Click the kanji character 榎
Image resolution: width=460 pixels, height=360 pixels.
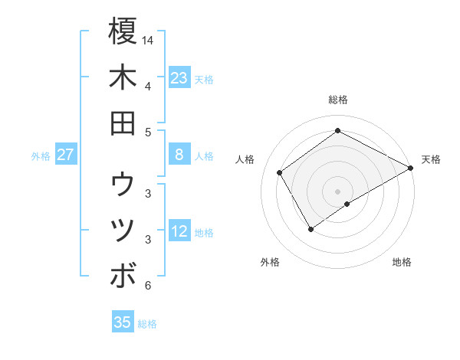click(123, 31)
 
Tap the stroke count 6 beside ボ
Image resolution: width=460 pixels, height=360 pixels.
click(147, 286)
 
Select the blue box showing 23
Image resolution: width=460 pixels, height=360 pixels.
click(179, 78)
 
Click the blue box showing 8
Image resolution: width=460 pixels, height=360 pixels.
click(179, 155)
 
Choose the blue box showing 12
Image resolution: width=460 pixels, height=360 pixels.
click(179, 232)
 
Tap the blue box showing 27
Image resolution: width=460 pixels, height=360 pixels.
click(66, 155)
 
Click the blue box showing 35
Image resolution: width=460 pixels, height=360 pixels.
click(123, 322)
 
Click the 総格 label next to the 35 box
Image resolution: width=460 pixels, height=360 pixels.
click(147, 324)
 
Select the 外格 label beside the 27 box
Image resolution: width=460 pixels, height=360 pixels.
click(41, 156)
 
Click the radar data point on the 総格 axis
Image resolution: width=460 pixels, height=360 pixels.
click(337, 130)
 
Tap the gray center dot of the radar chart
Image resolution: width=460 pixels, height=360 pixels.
click(337, 190)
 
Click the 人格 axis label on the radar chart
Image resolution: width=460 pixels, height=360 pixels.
click(245, 159)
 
